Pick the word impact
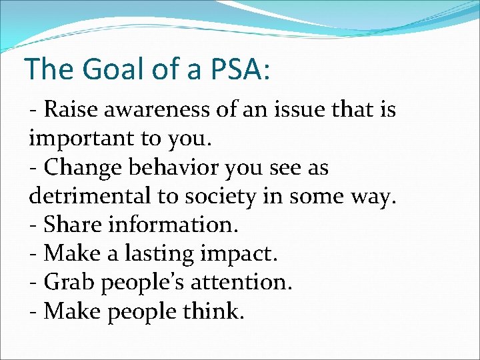(x=239, y=254)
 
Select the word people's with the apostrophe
(x=142, y=283)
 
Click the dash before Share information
(x=33, y=226)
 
